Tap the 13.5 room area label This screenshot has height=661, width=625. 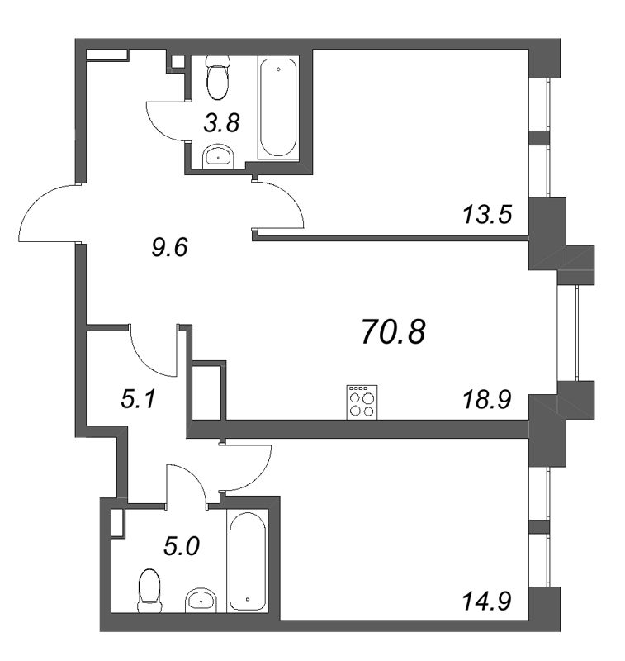click(x=487, y=215)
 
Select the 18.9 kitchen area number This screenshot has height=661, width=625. click(x=487, y=401)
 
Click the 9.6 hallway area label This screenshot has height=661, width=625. click(x=171, y=246)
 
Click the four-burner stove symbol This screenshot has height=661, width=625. click(x=361, y=402)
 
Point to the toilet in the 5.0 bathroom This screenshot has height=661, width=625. click(x=150, y=590)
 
